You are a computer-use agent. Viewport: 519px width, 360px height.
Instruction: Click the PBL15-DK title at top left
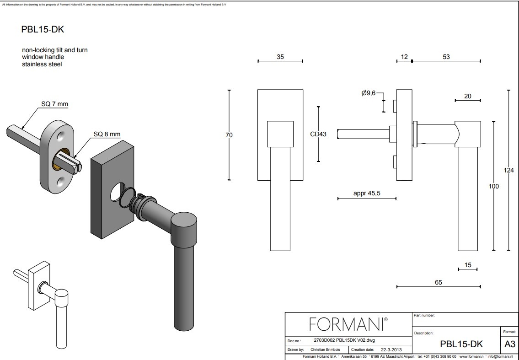(43, 29)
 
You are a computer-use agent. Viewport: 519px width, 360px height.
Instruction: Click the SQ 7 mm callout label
(54, 104)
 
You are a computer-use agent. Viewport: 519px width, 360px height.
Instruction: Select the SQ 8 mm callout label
(107, 134)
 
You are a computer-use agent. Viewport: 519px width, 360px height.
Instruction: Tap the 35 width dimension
(280, 57)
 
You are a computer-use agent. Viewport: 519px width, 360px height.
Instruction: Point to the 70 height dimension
(229, 135)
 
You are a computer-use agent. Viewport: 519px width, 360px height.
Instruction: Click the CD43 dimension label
(318, 134)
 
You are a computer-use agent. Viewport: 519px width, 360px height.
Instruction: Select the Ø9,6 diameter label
(369, 93)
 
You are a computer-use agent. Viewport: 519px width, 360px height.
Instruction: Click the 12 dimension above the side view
(404, 57)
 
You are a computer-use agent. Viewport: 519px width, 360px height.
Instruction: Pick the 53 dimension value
(446, 57)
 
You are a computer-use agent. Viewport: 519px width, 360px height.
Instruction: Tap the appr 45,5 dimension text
(367, 193)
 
